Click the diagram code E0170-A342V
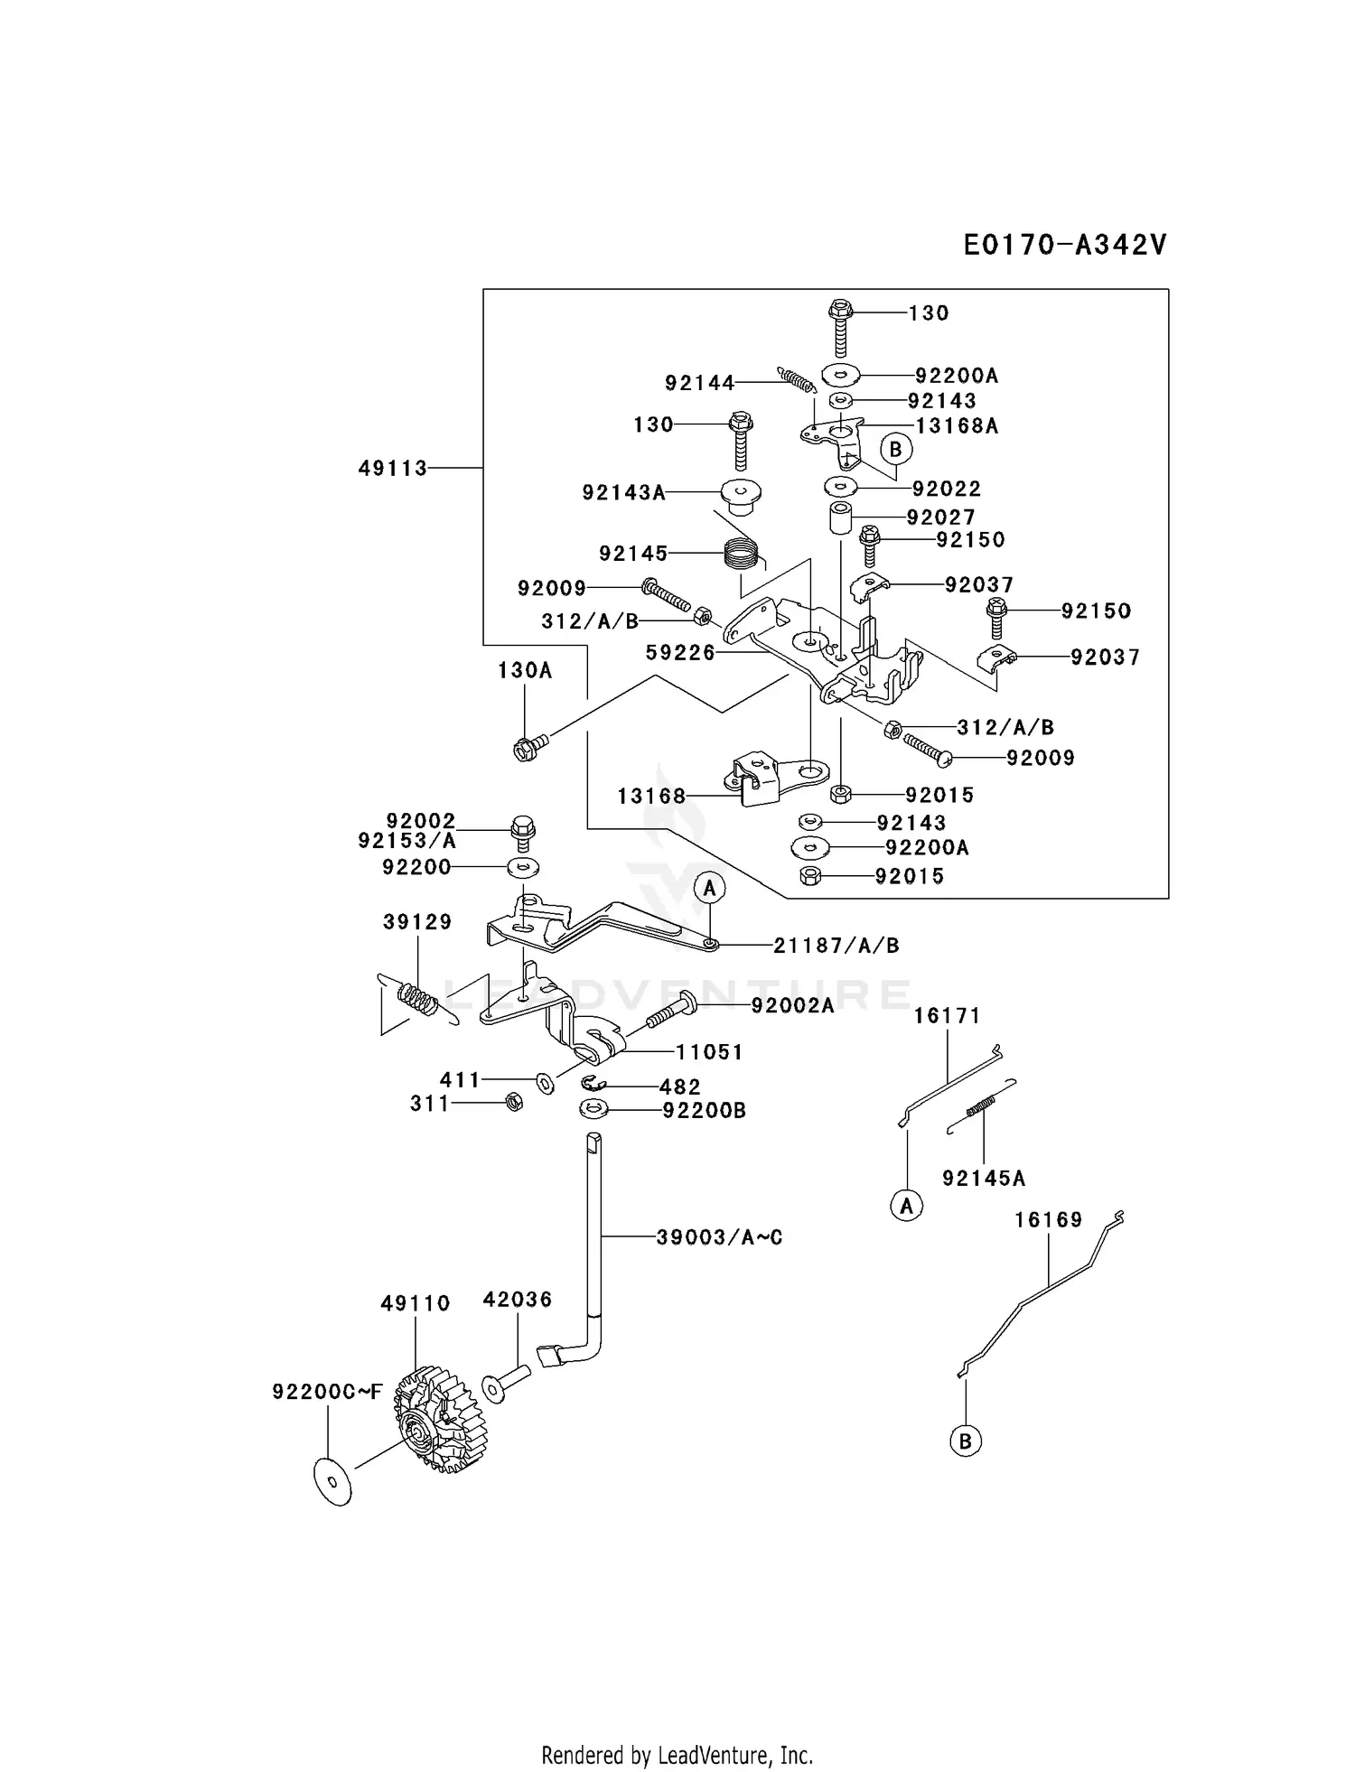pyautogui.click(x=1065, y=245)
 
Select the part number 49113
pyautogui.click(x=393, y=469)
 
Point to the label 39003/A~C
pyautogui.click(x=719, y=1237)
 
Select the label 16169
pyautogui.click(x=1048, y=1220)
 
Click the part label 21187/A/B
pyautogui.click(x=836, y=946)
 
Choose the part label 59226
pyautogui.click(x=680, y=653)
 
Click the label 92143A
pyautogui.click(x=623, y=492)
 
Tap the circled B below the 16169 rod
pyautogui.click(x=965, y=1441)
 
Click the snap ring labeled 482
pyautogui.click(x=593, y=1084)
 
